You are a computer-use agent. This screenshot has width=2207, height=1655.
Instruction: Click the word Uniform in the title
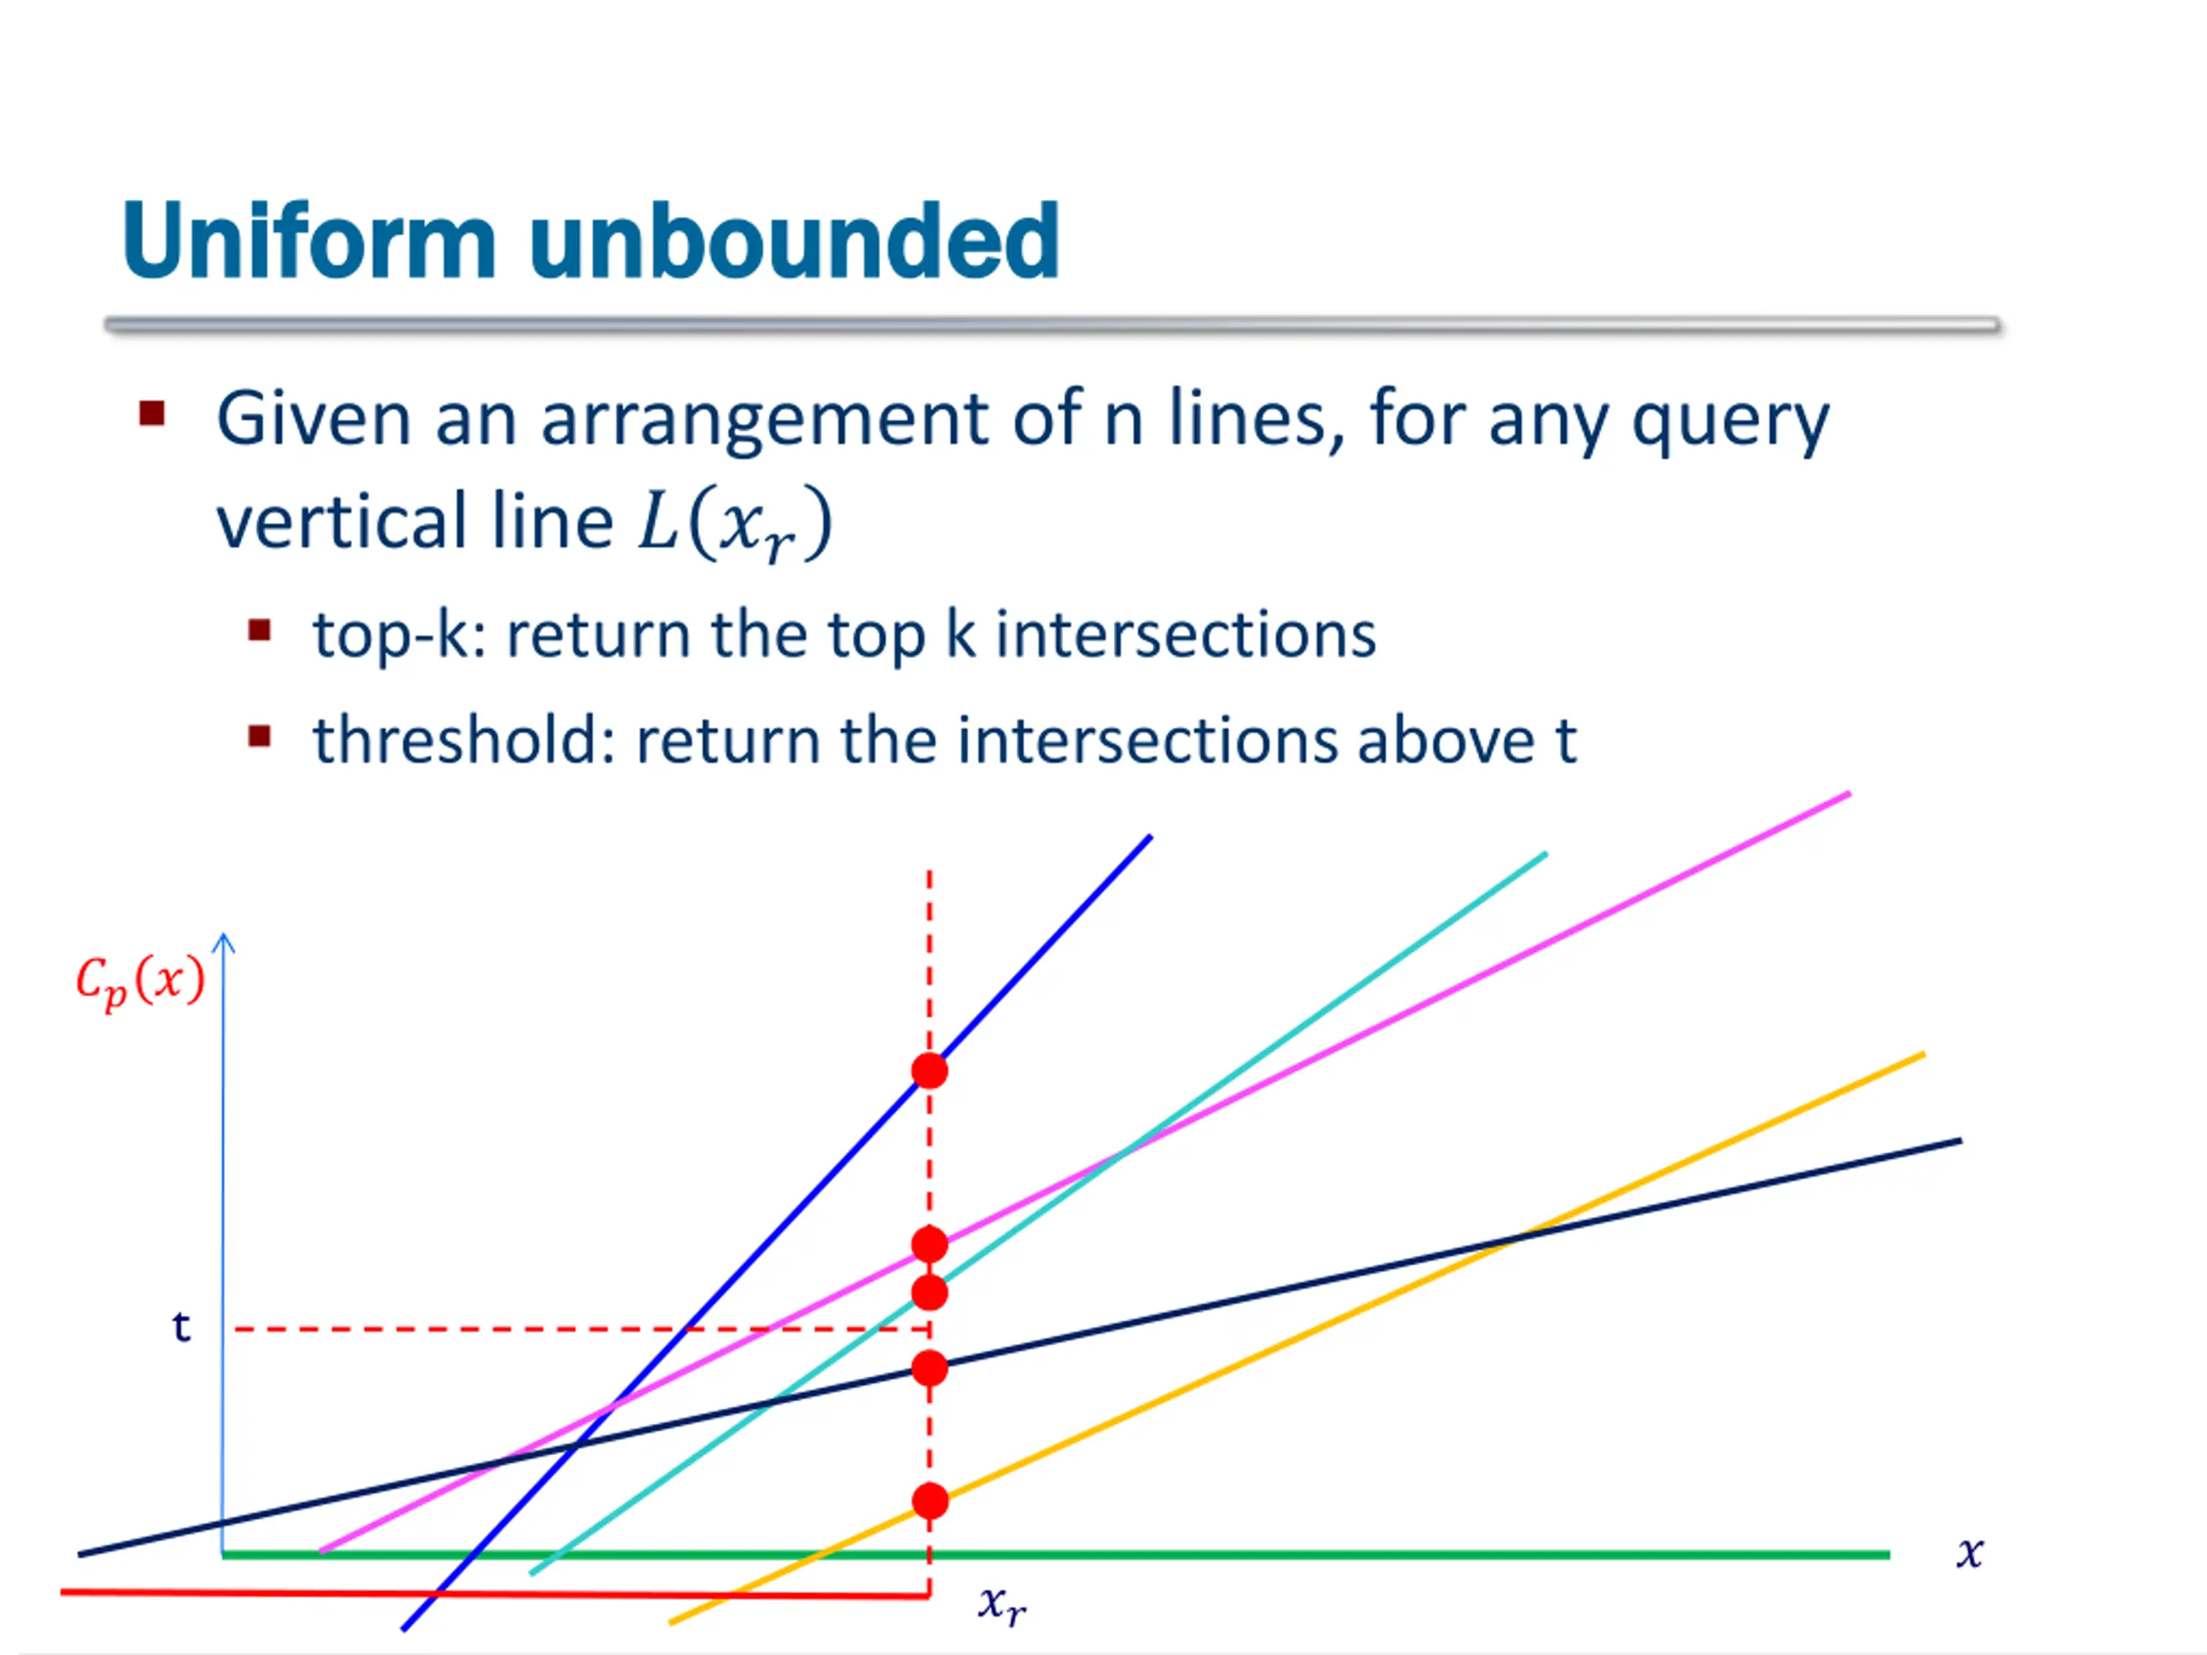(309, 241)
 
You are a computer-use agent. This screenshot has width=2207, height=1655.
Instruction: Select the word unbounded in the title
(794, 241)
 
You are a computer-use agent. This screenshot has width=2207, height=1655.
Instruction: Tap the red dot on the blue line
(928, 1071)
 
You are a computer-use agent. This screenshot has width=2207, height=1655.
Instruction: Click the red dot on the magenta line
(928, 1244)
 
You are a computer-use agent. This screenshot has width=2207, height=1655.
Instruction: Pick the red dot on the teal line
(928, 1293)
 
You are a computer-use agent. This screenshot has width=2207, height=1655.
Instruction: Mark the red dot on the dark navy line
(928, 1369)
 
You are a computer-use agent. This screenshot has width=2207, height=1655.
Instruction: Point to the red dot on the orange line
(928, 1502)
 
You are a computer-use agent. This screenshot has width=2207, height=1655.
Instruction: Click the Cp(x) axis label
(141, 981)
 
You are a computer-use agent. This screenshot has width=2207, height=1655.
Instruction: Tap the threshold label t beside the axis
(180, 1327)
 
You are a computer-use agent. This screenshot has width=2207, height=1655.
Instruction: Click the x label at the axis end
(1968, 1552)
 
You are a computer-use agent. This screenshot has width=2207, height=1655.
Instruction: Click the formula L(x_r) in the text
(735, 522)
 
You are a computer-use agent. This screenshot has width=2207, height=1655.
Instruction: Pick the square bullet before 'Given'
(152, 413)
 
